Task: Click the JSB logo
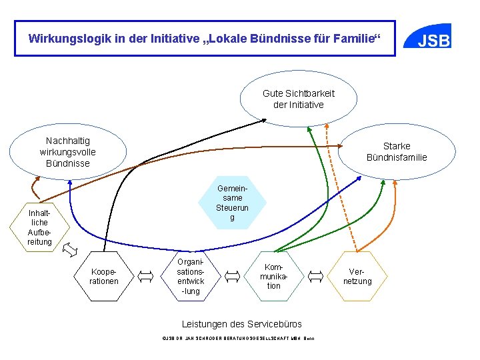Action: point(433,39)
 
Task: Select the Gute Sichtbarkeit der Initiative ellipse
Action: point(299,99)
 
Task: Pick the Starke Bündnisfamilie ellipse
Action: point(397,152)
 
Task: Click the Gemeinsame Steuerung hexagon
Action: point(233,203)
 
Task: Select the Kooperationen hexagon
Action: point(104,276)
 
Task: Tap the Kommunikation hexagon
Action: point(274,275)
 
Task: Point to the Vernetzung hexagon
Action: point(357,276)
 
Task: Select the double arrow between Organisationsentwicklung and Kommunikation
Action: point(233,275)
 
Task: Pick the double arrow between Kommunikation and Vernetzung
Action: point(316,275)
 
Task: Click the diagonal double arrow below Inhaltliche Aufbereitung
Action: point(69,250)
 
